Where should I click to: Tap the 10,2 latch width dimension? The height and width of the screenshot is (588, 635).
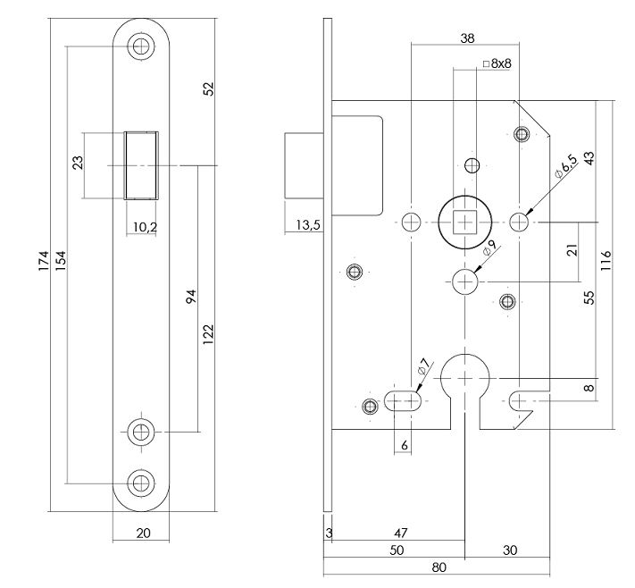click(142, 227)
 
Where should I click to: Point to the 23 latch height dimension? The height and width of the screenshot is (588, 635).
click(78, 164)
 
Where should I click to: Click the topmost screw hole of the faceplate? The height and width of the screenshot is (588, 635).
click(140, 46)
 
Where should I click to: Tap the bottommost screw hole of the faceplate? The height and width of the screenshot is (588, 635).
click(140, 483)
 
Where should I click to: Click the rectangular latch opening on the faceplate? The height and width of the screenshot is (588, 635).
click(142, 164)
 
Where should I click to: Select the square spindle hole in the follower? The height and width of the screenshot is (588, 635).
click(464, 220)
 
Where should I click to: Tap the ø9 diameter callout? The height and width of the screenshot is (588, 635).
click(489, 250)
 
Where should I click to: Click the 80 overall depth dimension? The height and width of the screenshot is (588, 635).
click(439, 567)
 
